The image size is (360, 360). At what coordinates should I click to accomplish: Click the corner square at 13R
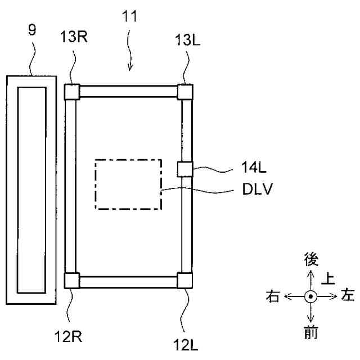point(71,91)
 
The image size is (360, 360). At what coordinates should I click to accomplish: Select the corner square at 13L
point(186,92)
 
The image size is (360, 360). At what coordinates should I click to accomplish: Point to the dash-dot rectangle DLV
point(128,184)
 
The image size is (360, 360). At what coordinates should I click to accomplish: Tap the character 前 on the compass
point(310,332)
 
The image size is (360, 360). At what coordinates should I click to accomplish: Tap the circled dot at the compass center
point(310,296)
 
